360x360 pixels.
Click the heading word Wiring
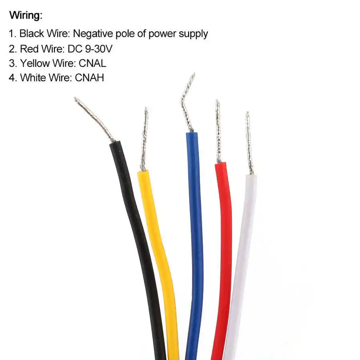[x=26, y=16]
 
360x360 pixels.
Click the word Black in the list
[x=32, y=34]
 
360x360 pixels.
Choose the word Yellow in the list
[x=35, y=63]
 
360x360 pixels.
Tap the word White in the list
[x=33, y=78]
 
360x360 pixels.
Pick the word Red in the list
[x=28, y=48]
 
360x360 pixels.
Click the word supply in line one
[x=191, y=34]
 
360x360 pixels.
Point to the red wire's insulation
[x=222, y=240]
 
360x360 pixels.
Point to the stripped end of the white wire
[x=249, y=144]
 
